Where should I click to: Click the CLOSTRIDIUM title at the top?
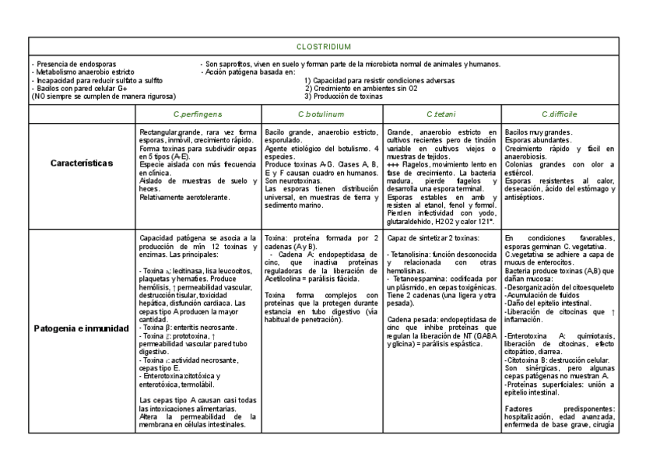tap(330, 47)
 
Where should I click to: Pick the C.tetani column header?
tap(441, 114)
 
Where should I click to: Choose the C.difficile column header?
tap(558, 114)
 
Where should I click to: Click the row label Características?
tap(82, 163)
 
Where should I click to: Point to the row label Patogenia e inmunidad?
tap(82, 328)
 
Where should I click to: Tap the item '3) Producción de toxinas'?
tap(343, 97)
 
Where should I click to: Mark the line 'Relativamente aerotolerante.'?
tap(184, 198)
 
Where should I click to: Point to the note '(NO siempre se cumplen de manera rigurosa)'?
tap(103, 97)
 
